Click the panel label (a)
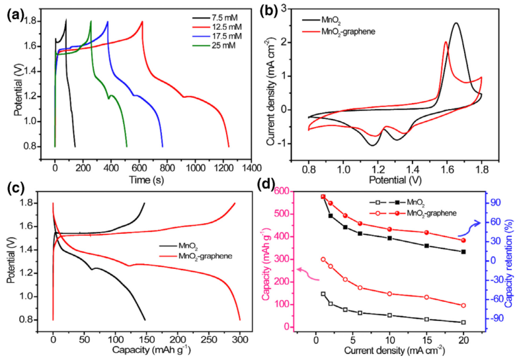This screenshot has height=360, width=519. click(x=14, y=12)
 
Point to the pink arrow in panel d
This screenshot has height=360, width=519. click(x=306, y=270)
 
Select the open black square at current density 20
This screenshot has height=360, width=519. click(x=463, y=322)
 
